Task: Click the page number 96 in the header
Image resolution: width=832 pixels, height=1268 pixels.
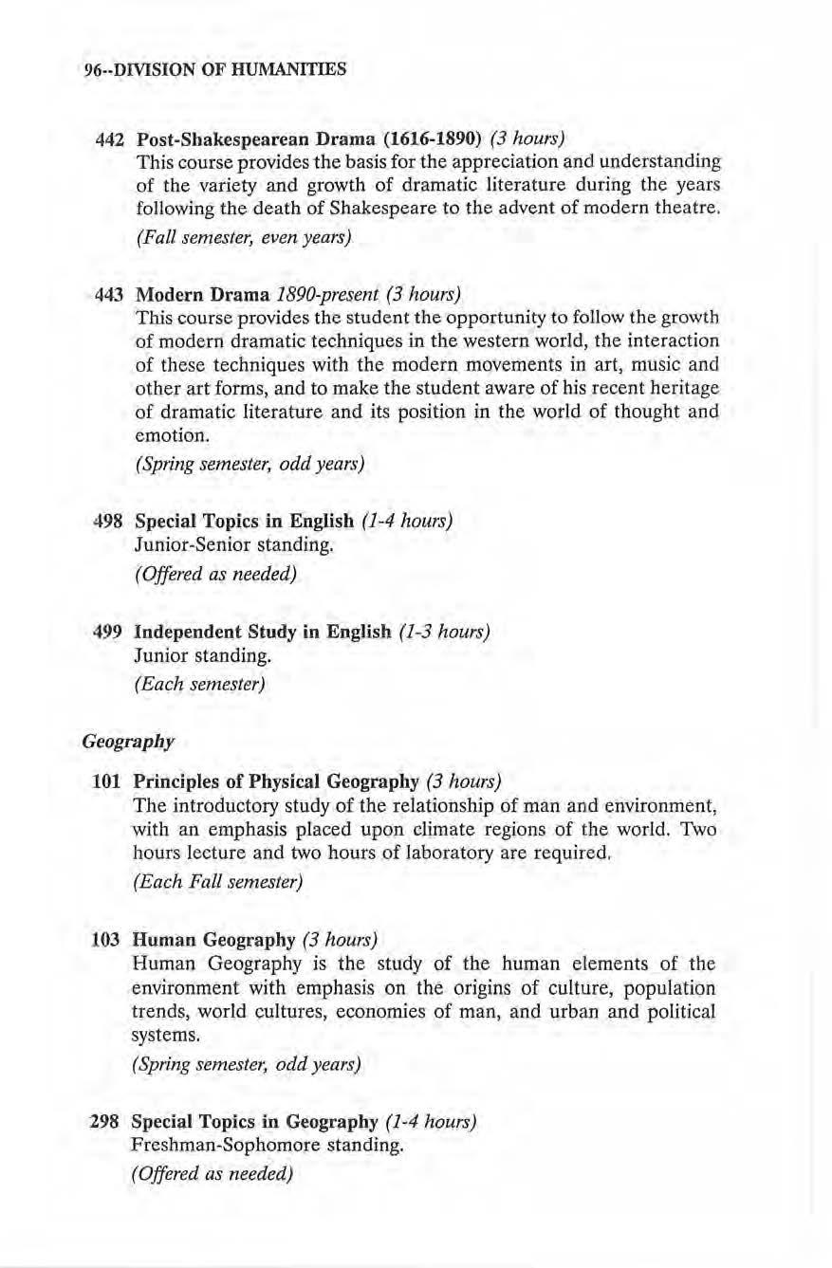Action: [92, 68]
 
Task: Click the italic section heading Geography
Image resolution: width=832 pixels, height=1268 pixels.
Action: [128, 741]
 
